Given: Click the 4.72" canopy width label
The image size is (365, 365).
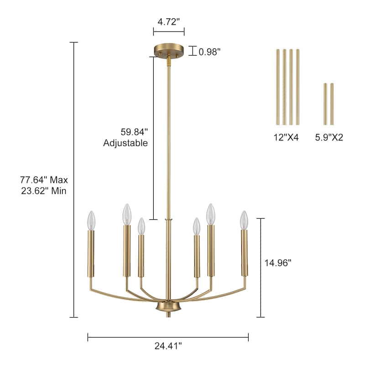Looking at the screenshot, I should (168, 21).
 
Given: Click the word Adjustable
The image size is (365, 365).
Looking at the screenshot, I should (125, 143).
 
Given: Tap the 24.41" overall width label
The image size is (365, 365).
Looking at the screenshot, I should (168, 346).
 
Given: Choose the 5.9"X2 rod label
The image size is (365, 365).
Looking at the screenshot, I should (329, 137).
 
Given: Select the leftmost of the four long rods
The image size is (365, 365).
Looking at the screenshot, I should (277, 87).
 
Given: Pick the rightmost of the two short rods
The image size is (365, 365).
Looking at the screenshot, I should (332, 104).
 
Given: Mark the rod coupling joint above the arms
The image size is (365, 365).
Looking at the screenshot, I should (168, 220).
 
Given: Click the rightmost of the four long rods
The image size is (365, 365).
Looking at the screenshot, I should (297, 87).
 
